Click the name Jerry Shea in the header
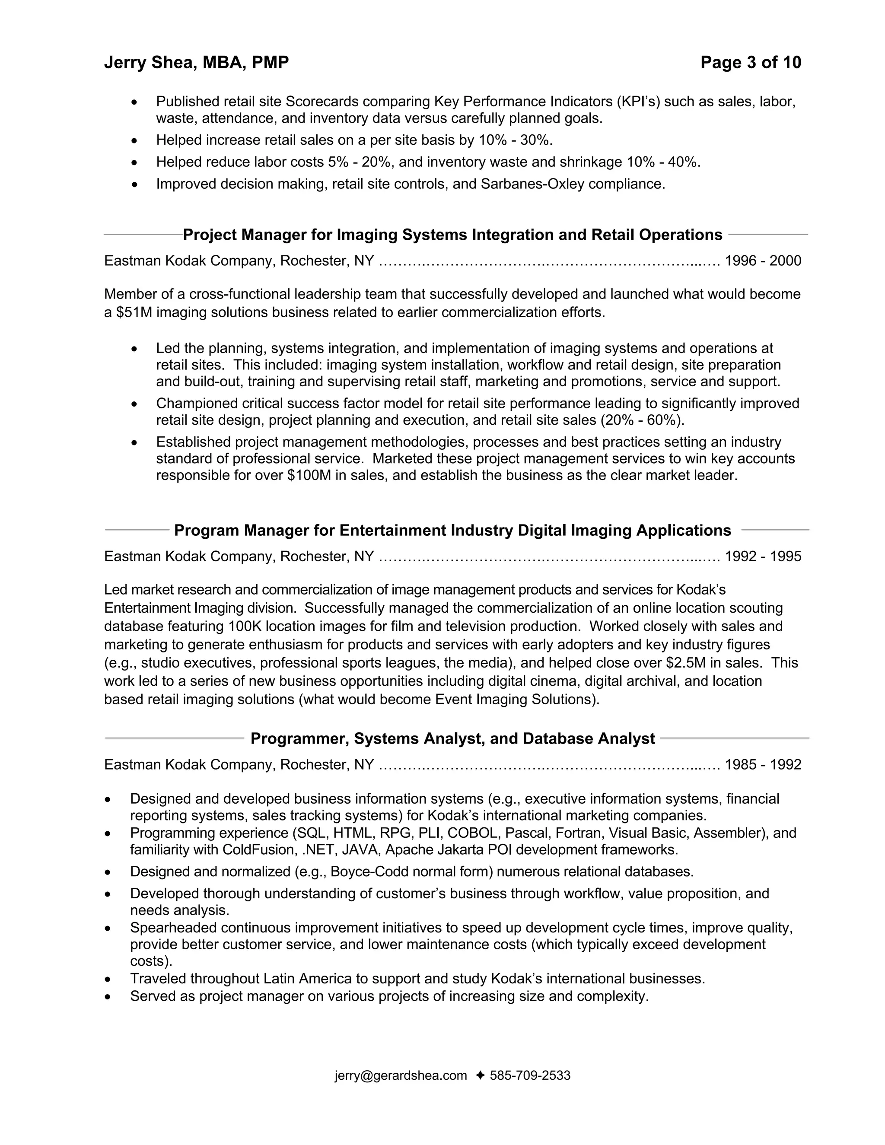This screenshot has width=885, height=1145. [x=150, y=62]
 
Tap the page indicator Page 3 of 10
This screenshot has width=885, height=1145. [x=750, y=62]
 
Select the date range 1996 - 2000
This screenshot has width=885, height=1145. [x=762, y=261]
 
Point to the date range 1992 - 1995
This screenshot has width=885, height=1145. [x=762, y=556]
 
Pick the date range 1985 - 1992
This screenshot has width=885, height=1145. [x=762, y=764]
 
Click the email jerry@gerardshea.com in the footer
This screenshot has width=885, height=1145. [x=401, y=1075]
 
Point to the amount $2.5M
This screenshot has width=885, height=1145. [x=686, y=663]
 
